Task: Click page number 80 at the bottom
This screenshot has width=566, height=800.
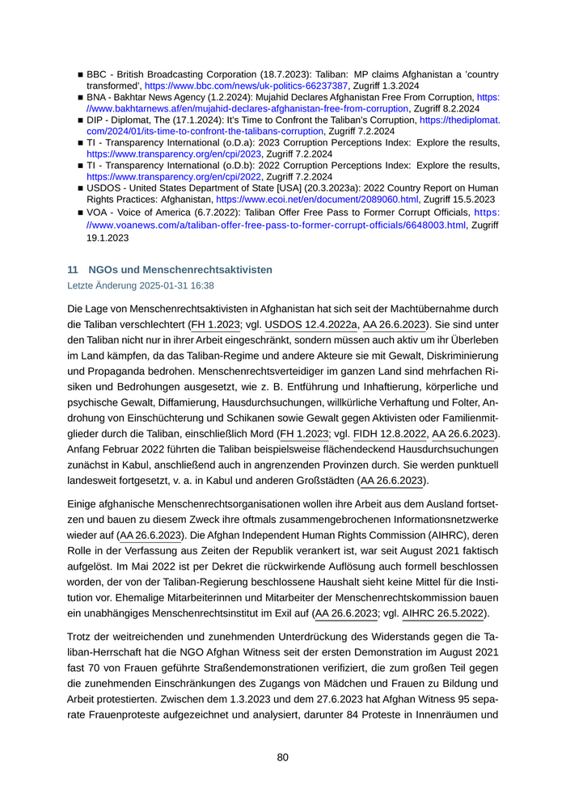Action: coord(282,757)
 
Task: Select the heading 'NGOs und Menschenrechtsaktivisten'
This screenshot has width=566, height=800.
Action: coord(180,269)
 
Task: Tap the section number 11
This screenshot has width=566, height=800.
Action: coord(72,269)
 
